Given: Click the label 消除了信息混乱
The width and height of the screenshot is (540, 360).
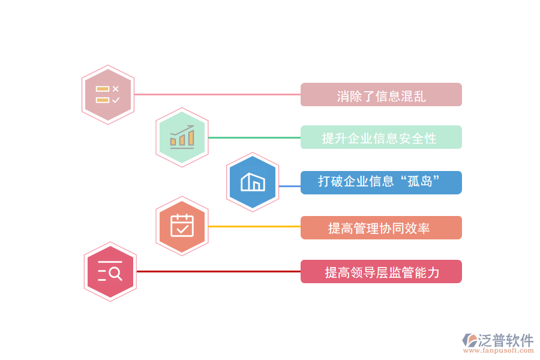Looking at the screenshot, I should [381, 95].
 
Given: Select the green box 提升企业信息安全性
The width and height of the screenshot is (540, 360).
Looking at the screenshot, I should [381, 137].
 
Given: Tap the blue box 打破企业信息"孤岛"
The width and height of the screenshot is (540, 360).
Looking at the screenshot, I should [381, 182].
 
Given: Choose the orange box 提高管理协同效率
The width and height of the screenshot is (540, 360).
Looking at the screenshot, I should [381, 228].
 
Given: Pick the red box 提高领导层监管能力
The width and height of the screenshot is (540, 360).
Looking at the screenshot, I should [381, 272].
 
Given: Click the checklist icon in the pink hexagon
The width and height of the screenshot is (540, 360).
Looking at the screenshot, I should [108, 95].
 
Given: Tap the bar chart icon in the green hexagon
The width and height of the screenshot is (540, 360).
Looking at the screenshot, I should [182, 137].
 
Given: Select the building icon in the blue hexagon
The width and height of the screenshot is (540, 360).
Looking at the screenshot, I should [253, 182].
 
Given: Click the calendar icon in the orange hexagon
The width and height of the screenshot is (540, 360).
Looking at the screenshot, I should [182, 226].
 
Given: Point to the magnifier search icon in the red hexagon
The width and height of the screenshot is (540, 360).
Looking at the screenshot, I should [110, 272].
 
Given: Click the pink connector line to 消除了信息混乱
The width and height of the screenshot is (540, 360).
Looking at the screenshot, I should [216, 94].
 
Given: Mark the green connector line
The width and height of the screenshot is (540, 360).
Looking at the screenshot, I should [254, 137].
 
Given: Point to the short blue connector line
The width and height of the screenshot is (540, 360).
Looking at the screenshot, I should [290, 186].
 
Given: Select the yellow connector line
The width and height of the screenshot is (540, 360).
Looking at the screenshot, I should [254, 226].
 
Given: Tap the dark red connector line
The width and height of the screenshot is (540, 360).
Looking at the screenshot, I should [219, 271].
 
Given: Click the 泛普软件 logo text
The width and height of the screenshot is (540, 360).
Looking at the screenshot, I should [505, 340].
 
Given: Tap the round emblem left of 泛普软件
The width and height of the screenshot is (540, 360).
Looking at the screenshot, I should [469, 340].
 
